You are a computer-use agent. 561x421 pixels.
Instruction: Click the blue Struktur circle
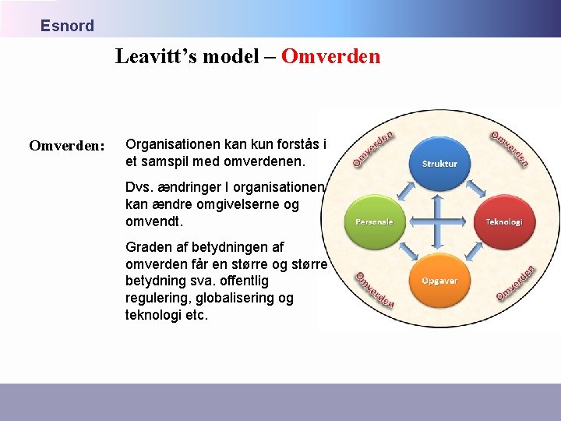[x=439, y=162]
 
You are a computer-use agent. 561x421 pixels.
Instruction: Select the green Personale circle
[x=374, y=221]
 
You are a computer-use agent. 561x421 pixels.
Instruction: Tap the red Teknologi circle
[x=504, y=221]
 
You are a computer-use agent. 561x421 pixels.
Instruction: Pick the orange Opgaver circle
[x=439, y=279]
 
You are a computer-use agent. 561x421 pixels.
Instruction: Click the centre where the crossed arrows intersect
[x=439, y=221]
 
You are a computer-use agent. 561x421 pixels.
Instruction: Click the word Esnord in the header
[x=67, y=26]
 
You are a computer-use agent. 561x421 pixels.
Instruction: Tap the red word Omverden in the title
[x=330, y=57]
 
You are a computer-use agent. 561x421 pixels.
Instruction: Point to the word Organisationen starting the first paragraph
[x=172, y=144]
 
